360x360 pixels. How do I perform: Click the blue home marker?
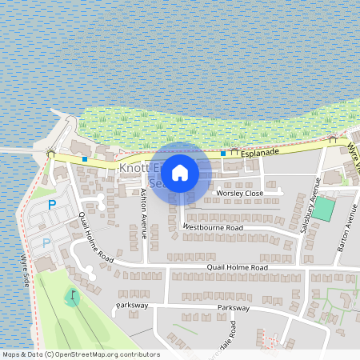pos(180,172)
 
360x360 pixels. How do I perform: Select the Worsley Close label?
pos(239,194)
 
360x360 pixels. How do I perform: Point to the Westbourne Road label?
pos(212,227)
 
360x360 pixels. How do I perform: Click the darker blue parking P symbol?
pos(52,205)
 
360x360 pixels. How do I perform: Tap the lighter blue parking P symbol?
pos(46,242)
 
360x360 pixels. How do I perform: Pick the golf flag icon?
pos(73,296)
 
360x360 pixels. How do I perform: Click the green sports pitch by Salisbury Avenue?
pos(324,209)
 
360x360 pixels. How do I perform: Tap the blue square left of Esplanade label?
pos(223,153)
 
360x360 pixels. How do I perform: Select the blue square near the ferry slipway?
pos(84,158)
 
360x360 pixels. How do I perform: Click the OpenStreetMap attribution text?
pos(81,354)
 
